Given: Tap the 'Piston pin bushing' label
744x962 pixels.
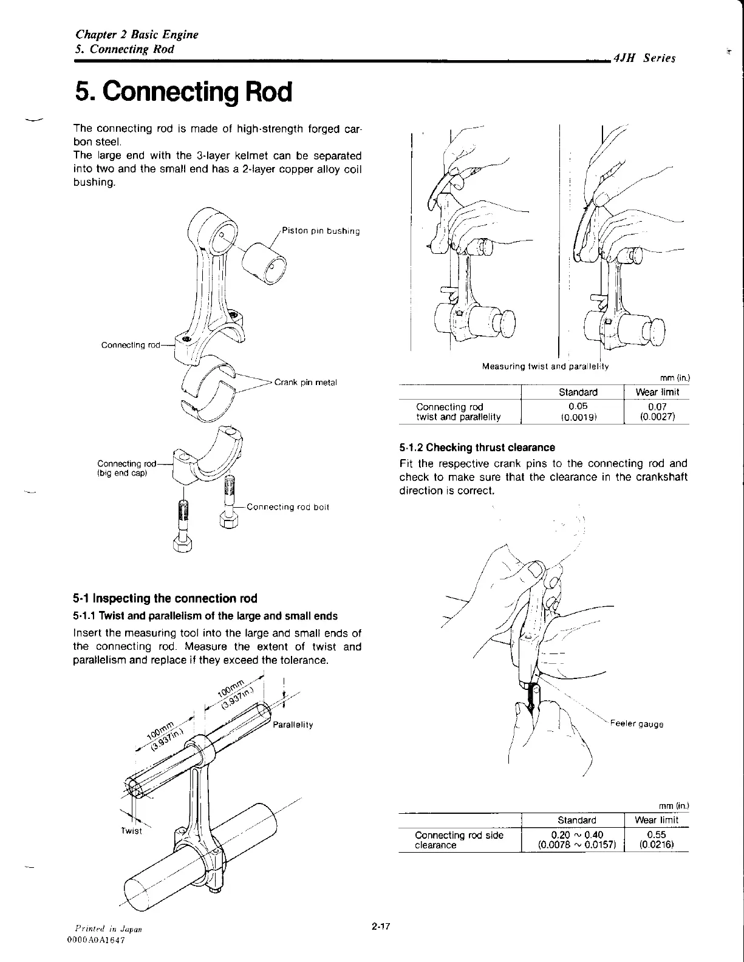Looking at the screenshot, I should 321,231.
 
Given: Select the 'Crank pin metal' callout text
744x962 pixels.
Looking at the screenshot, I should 305,382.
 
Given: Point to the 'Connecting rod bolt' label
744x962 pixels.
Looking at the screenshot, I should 288,507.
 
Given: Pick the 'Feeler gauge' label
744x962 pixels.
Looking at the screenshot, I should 637,724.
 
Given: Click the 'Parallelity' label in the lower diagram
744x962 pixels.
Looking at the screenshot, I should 293,725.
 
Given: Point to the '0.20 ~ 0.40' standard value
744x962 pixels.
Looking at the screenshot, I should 573,834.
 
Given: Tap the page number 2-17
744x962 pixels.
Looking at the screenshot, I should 381,926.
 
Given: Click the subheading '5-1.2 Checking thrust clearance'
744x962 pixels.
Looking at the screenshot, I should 477,448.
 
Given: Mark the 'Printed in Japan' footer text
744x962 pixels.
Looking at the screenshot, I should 107,929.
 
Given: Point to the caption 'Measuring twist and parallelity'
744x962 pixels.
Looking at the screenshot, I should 545,366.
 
